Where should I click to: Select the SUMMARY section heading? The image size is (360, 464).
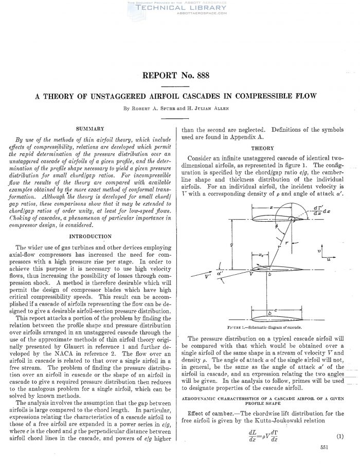[x=91, y=128]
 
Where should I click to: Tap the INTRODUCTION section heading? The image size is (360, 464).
[x=90, y=236]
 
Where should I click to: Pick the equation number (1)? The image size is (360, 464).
[x=340, y=437]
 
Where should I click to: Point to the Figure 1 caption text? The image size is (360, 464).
[x=272, y=327]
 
